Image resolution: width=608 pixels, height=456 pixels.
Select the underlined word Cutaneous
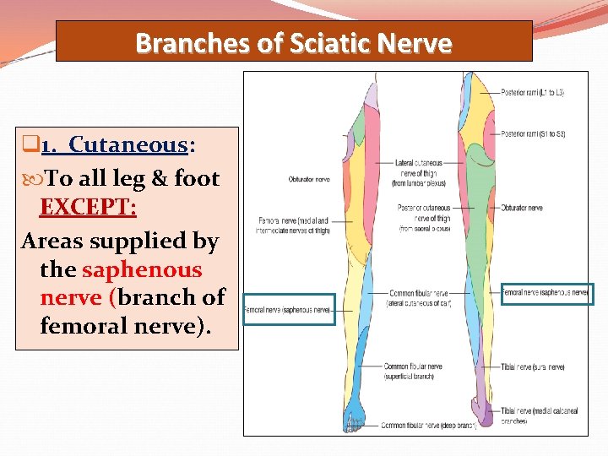pyautogui.click(x=127, y=145)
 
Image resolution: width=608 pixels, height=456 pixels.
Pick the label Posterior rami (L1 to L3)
pyautogui.click(x=532, y=92)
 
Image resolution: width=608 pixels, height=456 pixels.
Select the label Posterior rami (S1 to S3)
pyautogui.click(x=533, y=133)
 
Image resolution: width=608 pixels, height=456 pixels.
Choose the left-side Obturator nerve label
pyautogui.click(x=309, y=179)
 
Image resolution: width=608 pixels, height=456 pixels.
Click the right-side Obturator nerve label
pyautogui.click(x=521, y=208)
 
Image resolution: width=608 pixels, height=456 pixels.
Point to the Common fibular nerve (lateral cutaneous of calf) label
pyautogui.click(x=418, y=297)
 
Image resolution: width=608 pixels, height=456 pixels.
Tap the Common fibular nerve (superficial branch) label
pyautogui.click(x=413, y=371)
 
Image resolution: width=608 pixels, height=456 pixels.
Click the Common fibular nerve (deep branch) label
pyautogui.click(x=428, y=425)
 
